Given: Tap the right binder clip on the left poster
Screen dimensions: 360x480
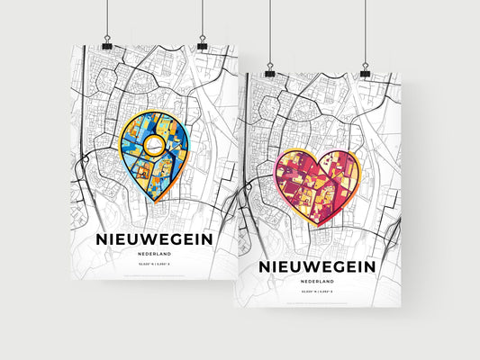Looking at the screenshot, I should [203, 45].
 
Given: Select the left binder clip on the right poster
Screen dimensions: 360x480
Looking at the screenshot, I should [269, 70].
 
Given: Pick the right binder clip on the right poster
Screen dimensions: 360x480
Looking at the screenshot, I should [365, 70].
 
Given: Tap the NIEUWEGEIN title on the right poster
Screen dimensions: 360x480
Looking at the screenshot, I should [316, 266].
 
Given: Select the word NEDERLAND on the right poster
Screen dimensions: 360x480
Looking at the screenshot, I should [316, 283].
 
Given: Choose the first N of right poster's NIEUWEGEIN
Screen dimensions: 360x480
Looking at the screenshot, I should [265, 266].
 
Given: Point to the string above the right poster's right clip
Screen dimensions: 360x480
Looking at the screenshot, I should [365, 31].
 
